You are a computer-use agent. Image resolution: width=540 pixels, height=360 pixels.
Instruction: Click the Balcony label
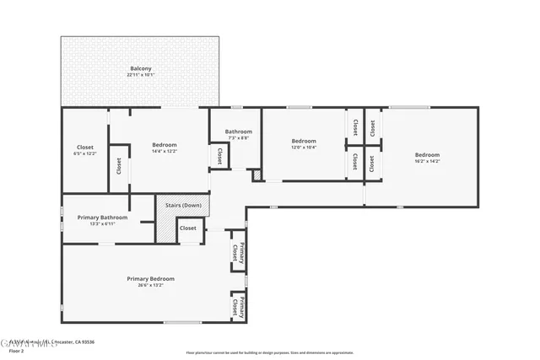tap(141, 68)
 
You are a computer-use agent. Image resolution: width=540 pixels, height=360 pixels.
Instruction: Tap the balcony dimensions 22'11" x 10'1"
tap(141, 75)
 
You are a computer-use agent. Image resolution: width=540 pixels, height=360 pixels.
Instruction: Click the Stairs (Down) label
tap(182, 205)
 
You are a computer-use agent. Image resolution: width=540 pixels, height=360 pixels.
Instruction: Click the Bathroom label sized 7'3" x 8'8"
tap(238, 132)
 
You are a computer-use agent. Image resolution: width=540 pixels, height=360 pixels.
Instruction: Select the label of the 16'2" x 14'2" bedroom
tap(427, 154)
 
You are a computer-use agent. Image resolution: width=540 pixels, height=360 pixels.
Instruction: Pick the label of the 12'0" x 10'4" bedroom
tap(304, 141)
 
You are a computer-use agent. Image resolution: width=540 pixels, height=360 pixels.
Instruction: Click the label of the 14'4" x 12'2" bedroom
tap(165, 145)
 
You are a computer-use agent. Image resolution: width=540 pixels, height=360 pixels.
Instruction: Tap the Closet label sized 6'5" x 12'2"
tap(85, 148)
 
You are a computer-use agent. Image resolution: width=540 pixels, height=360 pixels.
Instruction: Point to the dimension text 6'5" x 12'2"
tap(85, 154)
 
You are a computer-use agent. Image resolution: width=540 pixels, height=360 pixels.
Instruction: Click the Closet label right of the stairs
tap(188, 228)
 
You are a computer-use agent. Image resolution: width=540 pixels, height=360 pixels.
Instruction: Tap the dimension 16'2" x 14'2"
tap(427, 161)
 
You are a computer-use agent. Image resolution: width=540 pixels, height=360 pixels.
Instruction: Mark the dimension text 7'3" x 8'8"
tap(238, 138)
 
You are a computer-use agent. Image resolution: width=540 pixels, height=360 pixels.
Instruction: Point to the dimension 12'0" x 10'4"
tap(304, 148)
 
